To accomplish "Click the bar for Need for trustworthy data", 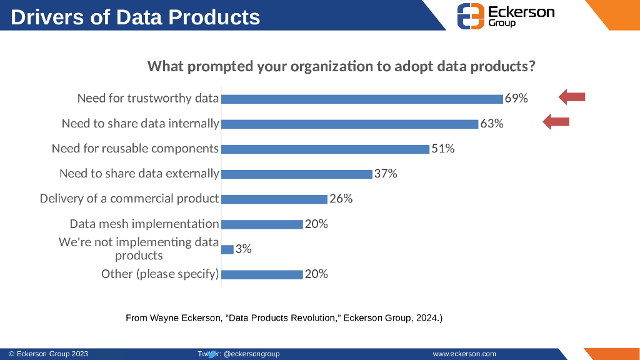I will click(362, 99).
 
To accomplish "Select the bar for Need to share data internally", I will click(349, 124).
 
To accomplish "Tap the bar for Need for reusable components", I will click(325, 149).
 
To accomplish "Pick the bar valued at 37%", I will click(297, 174).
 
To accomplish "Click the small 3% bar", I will click(227, 249).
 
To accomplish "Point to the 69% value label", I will click(516, 99).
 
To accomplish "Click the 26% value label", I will click(341, 199).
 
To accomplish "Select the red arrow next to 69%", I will click(571, 96).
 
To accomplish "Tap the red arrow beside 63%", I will click(556, 122).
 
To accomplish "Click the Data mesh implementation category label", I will click(144, 224).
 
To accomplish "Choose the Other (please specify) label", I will click(160, 274).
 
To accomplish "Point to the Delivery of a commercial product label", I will click(129, 199).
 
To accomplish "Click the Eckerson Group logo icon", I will click(471, 16).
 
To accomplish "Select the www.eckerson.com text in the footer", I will click(464, 354).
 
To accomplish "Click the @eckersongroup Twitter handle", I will click(251, 354).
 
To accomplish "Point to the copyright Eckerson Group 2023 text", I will click(49, 354).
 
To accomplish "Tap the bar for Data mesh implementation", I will click(262, 224).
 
